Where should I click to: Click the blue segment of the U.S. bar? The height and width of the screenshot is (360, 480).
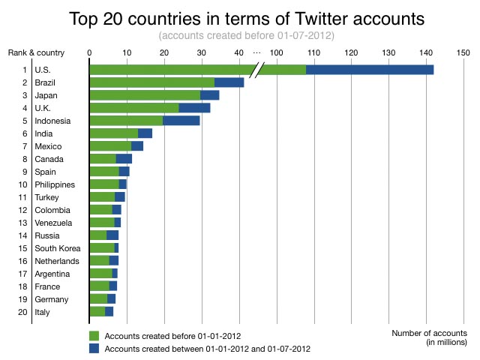point(370,70)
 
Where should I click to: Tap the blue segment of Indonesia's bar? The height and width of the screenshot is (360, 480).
point(181,121)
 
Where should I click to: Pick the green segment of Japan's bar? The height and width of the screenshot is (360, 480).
point(145,95)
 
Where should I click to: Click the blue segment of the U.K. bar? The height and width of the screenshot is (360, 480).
point(194,108)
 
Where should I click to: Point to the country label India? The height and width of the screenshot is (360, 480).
point(45,133)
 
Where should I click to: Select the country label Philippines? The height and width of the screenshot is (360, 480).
point(55,184)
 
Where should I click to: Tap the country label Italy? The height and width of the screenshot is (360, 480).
point(43,312)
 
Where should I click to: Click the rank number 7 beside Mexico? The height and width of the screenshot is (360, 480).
point(25,146)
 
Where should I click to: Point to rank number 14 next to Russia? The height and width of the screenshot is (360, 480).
point(22,235)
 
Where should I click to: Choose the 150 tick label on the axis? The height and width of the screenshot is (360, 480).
point(463,52)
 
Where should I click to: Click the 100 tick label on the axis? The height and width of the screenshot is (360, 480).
point(276,52)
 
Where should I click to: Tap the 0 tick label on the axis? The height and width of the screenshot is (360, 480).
point(89,52)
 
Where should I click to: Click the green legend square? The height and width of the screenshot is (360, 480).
point(94,335)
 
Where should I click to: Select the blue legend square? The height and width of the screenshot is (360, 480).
point(94,349)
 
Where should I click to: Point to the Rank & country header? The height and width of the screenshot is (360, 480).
point(36,52)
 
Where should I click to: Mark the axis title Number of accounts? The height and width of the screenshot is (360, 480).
point(429,333)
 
